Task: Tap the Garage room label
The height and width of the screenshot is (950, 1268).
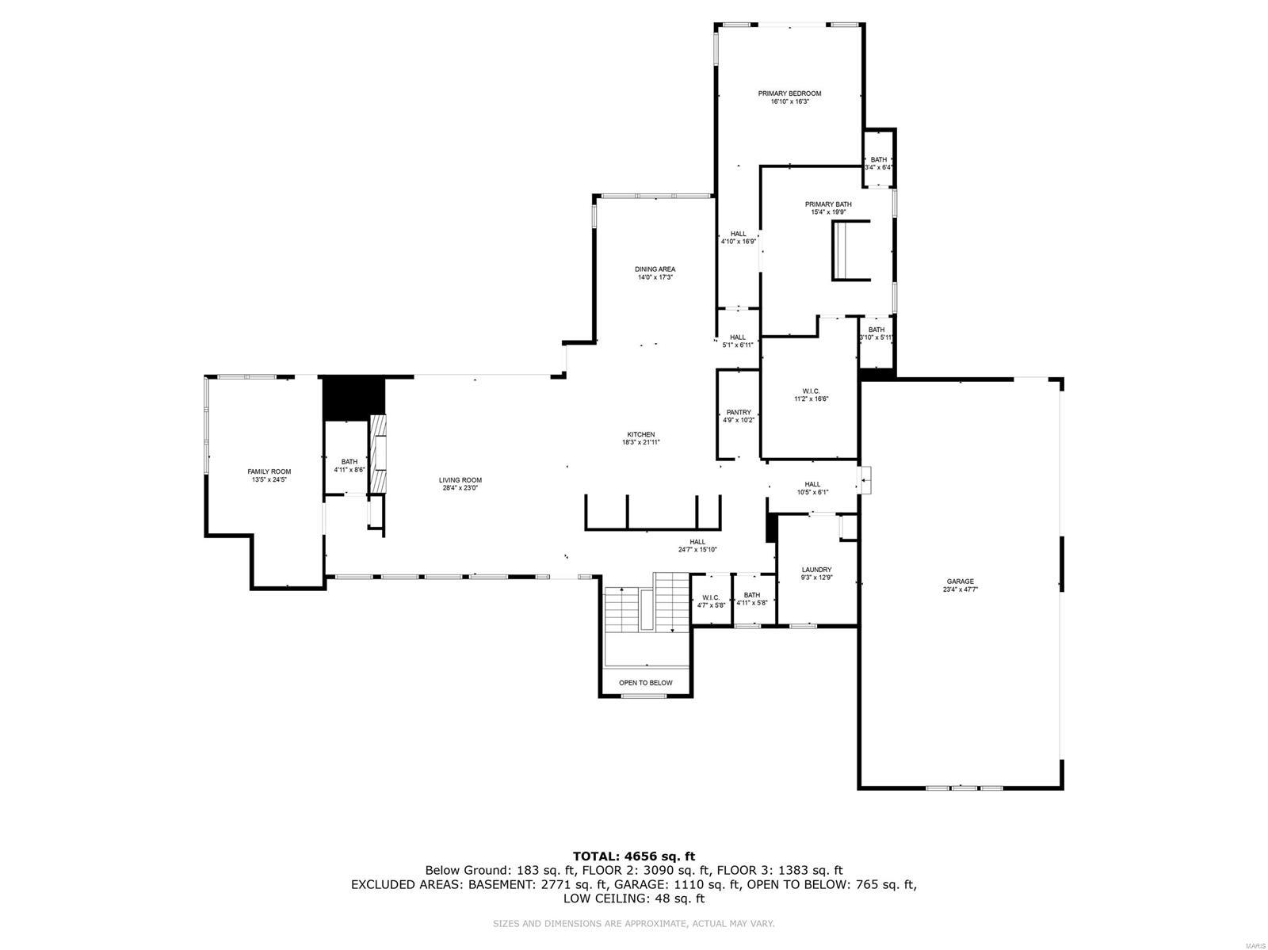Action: (x=959, y=581)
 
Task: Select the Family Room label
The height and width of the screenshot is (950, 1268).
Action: (x=269, y=471)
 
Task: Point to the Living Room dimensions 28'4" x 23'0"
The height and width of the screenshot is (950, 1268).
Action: (x=460, y=488)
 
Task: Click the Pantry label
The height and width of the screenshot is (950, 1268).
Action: (x=738, y=412)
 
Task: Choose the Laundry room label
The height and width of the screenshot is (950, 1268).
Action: (x=816, y=570)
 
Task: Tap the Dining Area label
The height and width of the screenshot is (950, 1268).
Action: (x=655, y=269)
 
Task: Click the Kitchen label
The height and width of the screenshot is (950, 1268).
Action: (x=641, y=434)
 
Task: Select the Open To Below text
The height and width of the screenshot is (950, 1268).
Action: (x=645, y=682)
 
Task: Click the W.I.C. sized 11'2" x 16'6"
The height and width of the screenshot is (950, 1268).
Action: (x=810, y=391)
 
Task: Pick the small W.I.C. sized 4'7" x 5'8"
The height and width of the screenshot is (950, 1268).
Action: (x=710, y=597)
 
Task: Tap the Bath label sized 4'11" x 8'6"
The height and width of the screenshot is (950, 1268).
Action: (x=349, y=462)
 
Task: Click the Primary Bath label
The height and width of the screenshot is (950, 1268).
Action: (x=828, y=204)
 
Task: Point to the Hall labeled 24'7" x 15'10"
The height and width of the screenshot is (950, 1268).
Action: (x=697, y=542)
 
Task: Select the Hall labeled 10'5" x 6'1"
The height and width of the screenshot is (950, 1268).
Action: (x=812, y=484)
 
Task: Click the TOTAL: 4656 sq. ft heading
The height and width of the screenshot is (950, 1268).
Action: (x=633, y=856)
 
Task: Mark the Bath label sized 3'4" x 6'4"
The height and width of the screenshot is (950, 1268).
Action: (x=878, y=159)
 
